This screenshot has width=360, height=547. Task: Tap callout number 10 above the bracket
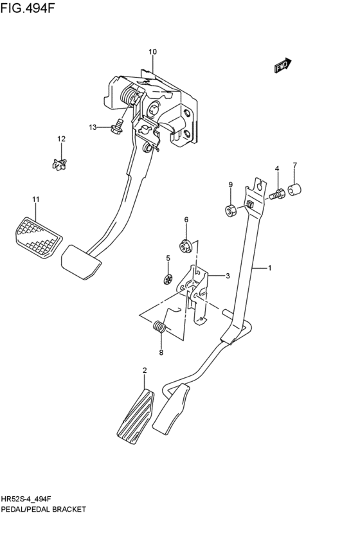point(152,51)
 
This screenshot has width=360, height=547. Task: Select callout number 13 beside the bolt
point(93,127)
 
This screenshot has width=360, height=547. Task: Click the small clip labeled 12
point(60,165)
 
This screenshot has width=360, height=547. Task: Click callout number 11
point(36,199)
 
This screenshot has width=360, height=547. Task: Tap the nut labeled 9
point(231,209)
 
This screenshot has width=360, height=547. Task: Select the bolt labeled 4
point(278,192)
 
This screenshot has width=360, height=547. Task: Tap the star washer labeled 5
point(167,279)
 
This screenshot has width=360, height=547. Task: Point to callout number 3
point(227,276)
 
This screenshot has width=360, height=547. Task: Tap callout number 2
point(145,370)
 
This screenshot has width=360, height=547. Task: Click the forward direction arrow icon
point(282,65)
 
